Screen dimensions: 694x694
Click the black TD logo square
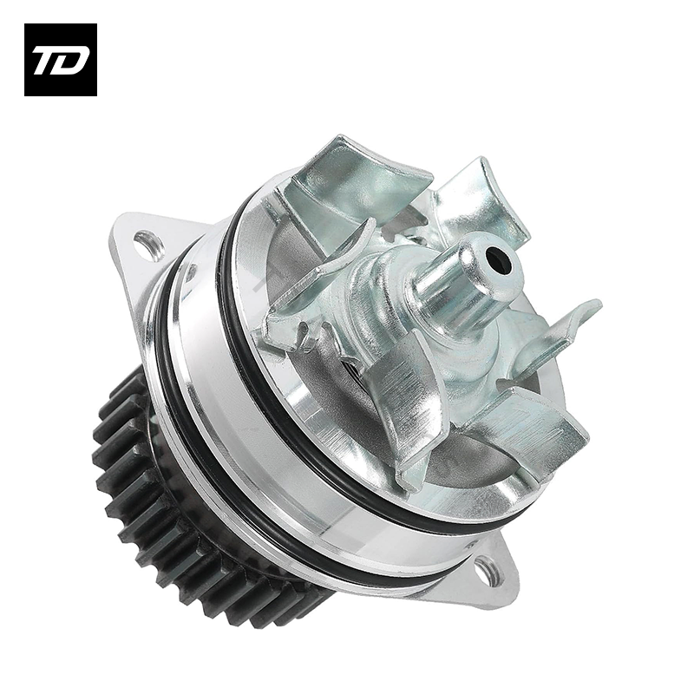pos(61,60)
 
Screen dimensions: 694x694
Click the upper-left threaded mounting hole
pos(148,243)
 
